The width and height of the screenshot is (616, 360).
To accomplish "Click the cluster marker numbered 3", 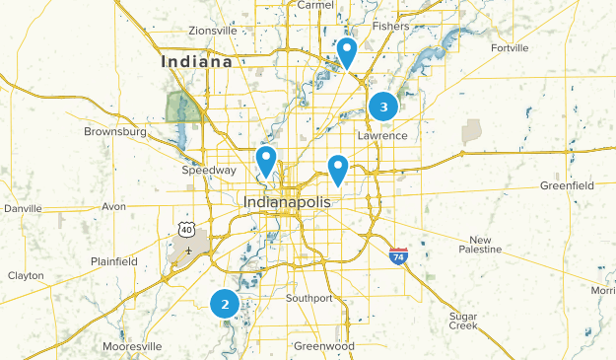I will pos(383,106).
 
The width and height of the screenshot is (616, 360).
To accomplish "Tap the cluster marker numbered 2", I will pos(225,304).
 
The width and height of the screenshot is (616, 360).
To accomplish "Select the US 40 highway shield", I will pos(185,230).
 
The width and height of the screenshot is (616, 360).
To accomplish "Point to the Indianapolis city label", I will pos(288,202).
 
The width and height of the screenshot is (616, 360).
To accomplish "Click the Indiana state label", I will pos(197,61).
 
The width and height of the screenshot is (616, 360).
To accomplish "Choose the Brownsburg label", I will pos(115,131).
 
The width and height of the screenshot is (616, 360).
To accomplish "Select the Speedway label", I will pos(209,170).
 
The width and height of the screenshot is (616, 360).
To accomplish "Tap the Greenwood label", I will pos(323,347).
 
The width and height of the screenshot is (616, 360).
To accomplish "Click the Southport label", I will pos(308,298).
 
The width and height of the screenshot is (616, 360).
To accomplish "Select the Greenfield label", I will pos(567,184).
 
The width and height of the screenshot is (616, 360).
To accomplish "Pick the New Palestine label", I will pos(480,246).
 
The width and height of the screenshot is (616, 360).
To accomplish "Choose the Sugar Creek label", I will pos(462,321).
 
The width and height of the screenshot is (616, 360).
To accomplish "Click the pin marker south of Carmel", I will pos(347,52).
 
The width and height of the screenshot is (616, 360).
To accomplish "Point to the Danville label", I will pos(24,209).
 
